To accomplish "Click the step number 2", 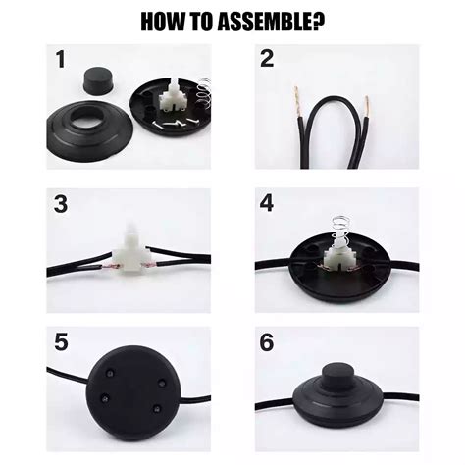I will (x=268, y=60).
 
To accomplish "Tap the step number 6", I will (x=268, y=345).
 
